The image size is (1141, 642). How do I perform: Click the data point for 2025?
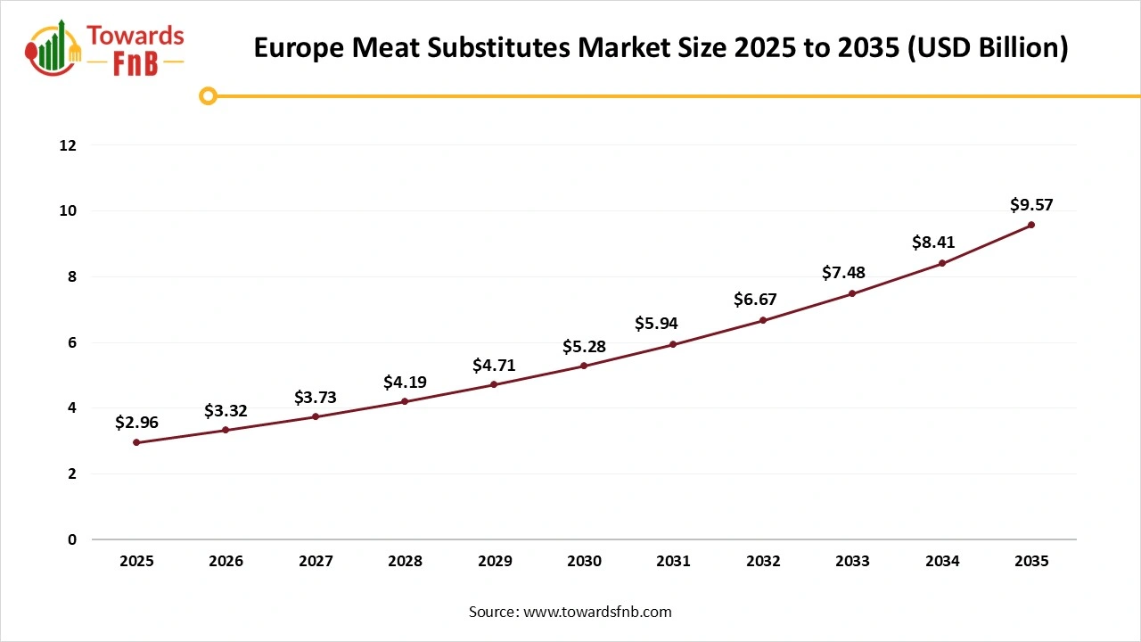click(x=136, y=442)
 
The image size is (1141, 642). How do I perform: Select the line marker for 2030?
click(x=584, y=366)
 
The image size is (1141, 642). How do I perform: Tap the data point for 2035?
click(x=1031, y=225)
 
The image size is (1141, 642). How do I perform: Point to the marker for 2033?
click(x=852, y=293)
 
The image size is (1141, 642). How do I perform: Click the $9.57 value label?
click(x=1031, y=205)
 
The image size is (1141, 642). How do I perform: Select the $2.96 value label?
click(x=136, y=423)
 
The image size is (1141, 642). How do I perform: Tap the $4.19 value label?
click(x=405, y=383)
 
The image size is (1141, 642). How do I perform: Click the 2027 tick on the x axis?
click(x=316, y=562)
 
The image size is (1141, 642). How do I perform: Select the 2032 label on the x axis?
click(x=763, y=562)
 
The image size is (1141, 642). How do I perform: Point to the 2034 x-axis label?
click(x=942, y=562)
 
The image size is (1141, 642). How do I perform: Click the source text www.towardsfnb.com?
click(x=596, y=612)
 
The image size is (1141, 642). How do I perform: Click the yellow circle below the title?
click(x=208, y=95)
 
